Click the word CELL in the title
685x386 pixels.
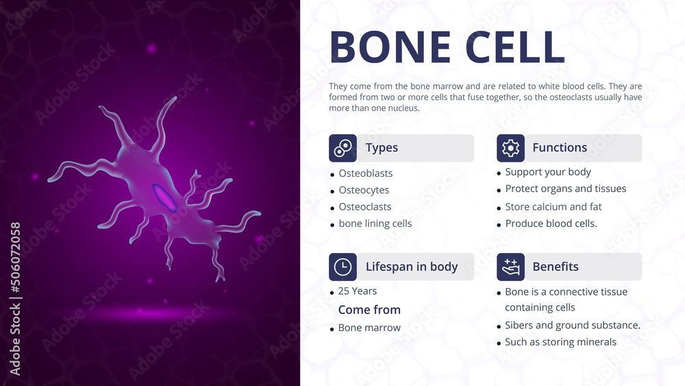515,47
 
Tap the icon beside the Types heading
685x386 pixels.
342,148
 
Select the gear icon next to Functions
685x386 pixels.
510,148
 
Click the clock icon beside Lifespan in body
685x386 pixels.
342,267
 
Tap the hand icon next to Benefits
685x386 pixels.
510,267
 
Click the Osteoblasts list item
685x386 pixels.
365,173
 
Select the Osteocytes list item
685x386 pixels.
364,190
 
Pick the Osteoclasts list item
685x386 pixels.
365,207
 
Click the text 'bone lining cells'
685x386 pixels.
375,224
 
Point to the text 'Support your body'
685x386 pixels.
548,172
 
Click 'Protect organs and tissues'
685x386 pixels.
565,189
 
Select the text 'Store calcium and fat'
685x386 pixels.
553,206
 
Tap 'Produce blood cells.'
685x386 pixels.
551,224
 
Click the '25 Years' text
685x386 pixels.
357,291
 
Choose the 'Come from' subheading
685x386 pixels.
369,310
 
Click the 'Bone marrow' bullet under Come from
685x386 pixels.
369,328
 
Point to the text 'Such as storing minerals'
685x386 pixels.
560,342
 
